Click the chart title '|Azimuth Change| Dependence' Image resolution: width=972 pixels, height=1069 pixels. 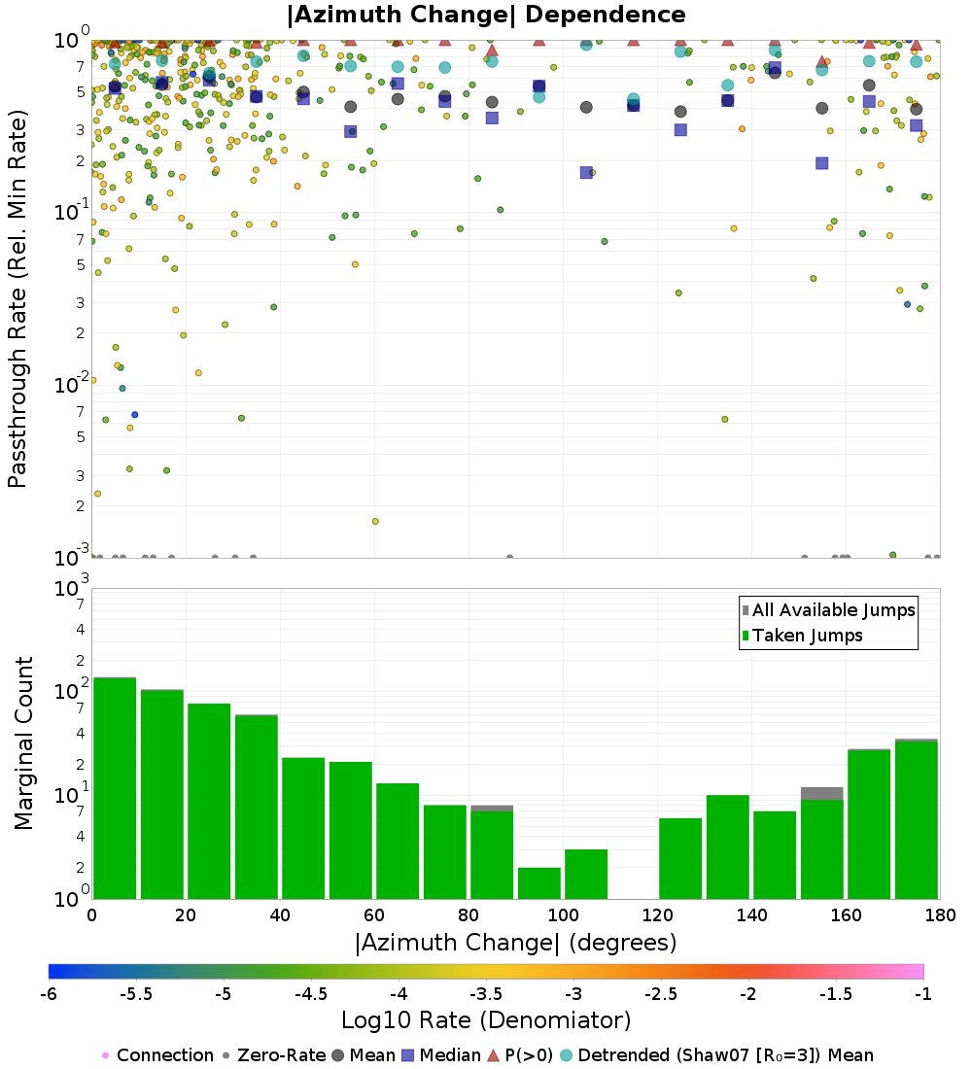[x=486, y=15]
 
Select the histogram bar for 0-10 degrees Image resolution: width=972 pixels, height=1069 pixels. [x=114, y=787]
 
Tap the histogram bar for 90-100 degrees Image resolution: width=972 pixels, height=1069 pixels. [x=538, y=882]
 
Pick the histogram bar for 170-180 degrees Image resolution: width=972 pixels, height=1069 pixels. [x=917, y=819]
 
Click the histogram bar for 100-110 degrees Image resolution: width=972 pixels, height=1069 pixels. [x=586, y=874]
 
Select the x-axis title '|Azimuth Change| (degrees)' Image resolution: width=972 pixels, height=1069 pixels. [x=515, y=942]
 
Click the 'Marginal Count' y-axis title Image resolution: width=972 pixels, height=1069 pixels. [x=23, y=743]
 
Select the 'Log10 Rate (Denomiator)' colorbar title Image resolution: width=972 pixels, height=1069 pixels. [x=486, y=1020]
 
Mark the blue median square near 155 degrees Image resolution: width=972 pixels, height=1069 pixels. [x=822, y=163]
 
